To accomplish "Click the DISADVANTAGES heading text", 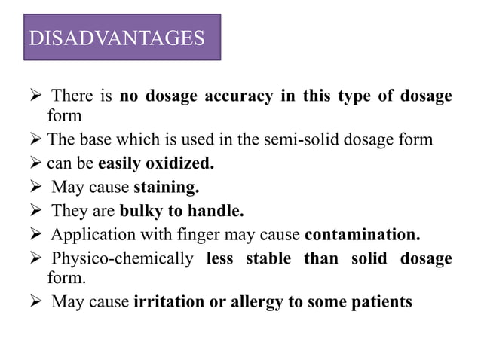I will click(x=116, y=38).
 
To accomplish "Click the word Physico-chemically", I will click(x=122, y=258).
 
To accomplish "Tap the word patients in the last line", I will click(x=382, y=302).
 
